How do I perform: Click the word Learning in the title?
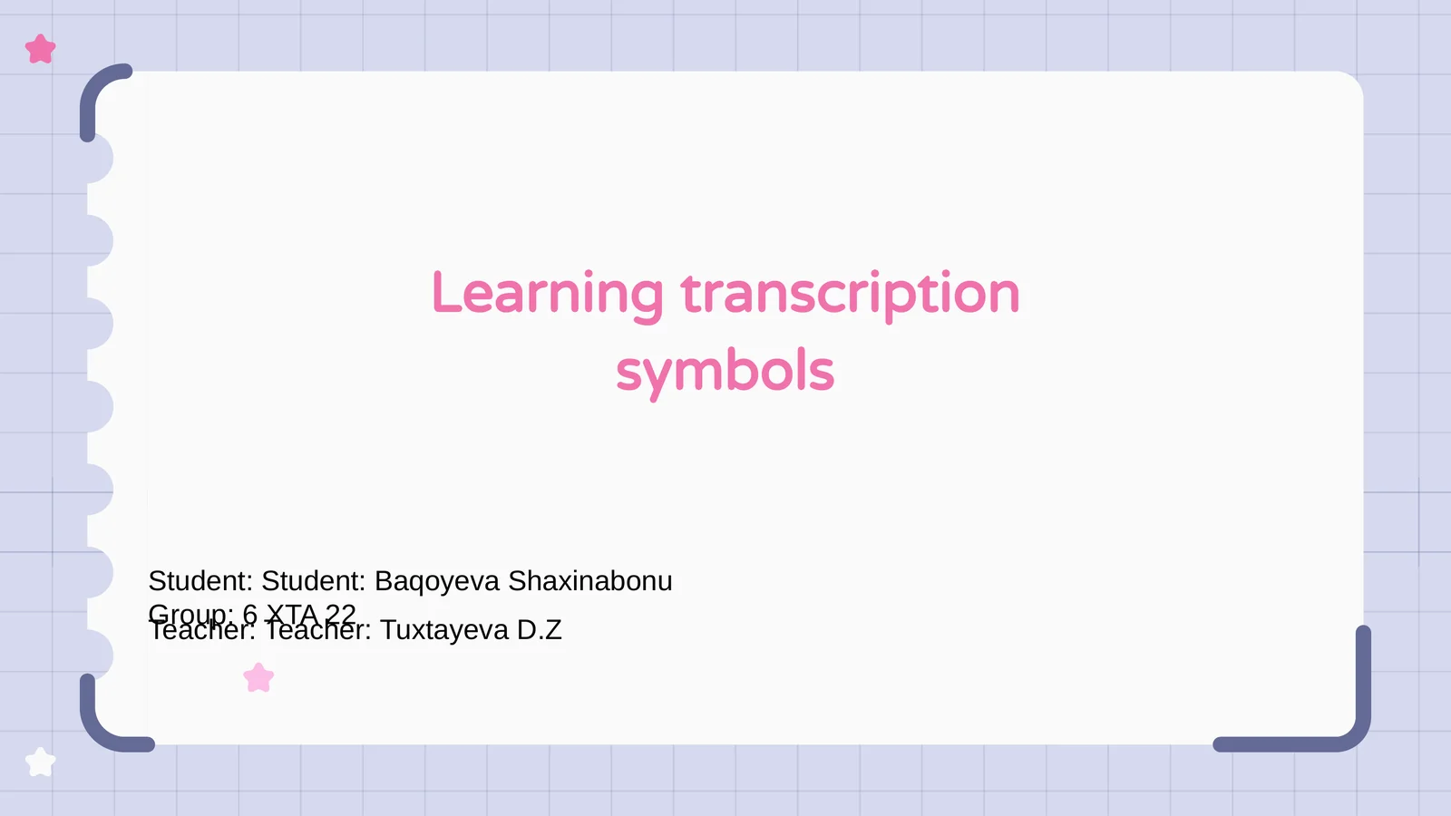[547, 295]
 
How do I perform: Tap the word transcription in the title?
[850, 295]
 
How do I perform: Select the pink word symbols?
[725, 373]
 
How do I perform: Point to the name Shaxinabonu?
[589, 581]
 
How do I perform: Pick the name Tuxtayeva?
[444, 630]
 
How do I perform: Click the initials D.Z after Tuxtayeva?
[540, 630]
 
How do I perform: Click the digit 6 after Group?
[249, 614]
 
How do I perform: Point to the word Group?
[190, 614]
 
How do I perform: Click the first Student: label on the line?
[200, 581]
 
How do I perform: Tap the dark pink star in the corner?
[41, 49]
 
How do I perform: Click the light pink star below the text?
[258, 677]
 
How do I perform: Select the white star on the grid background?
[41, 762]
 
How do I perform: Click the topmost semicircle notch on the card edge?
[100, 159]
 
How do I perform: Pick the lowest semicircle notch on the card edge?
[100, 655]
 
